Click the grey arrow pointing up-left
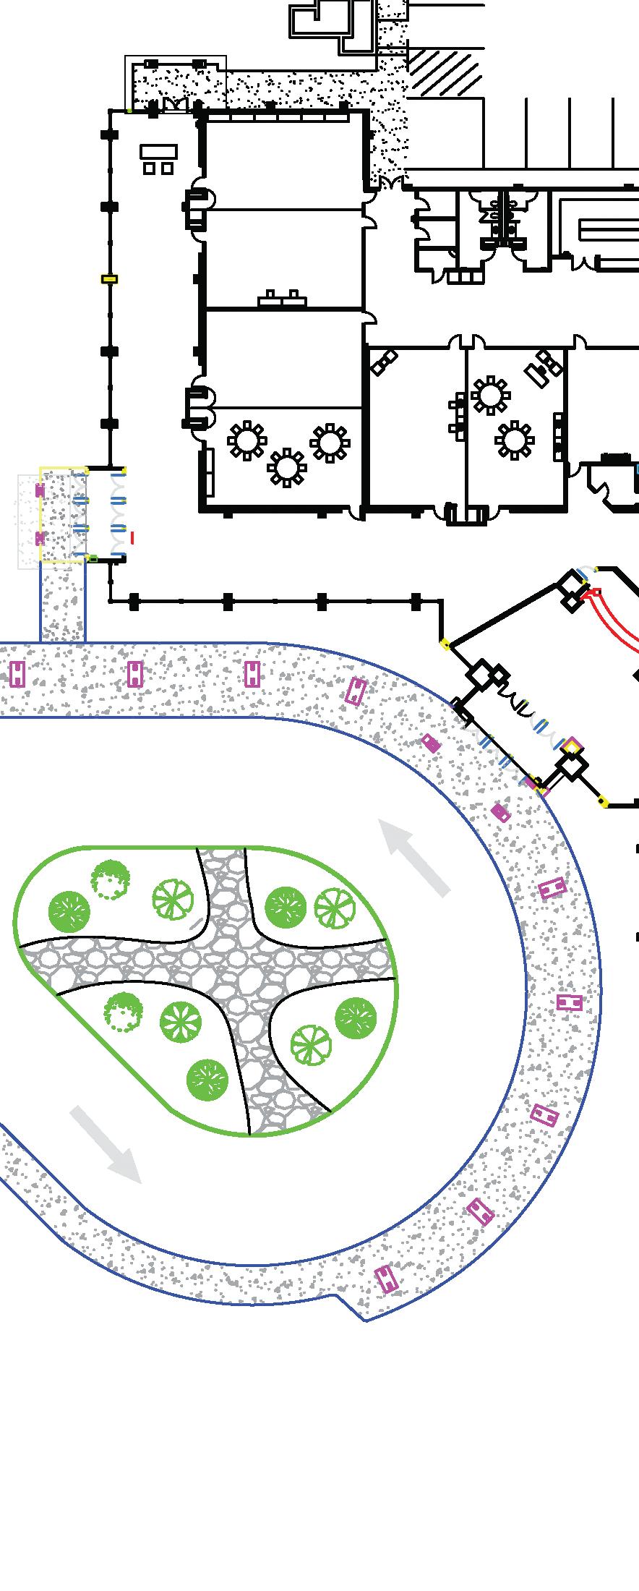point(416,856)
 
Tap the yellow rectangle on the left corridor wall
point(109,278)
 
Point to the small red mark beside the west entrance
point(132,537)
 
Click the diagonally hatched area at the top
point(444,72)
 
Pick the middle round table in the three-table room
point(287,467)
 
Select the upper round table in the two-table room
point(490,395)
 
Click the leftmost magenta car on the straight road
point(18,673)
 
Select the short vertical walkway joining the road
point(62,602)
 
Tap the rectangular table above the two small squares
point(159,151)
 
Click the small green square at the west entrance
point(93,558)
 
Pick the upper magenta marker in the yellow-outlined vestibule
point(40,490)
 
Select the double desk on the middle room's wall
point(280,298)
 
